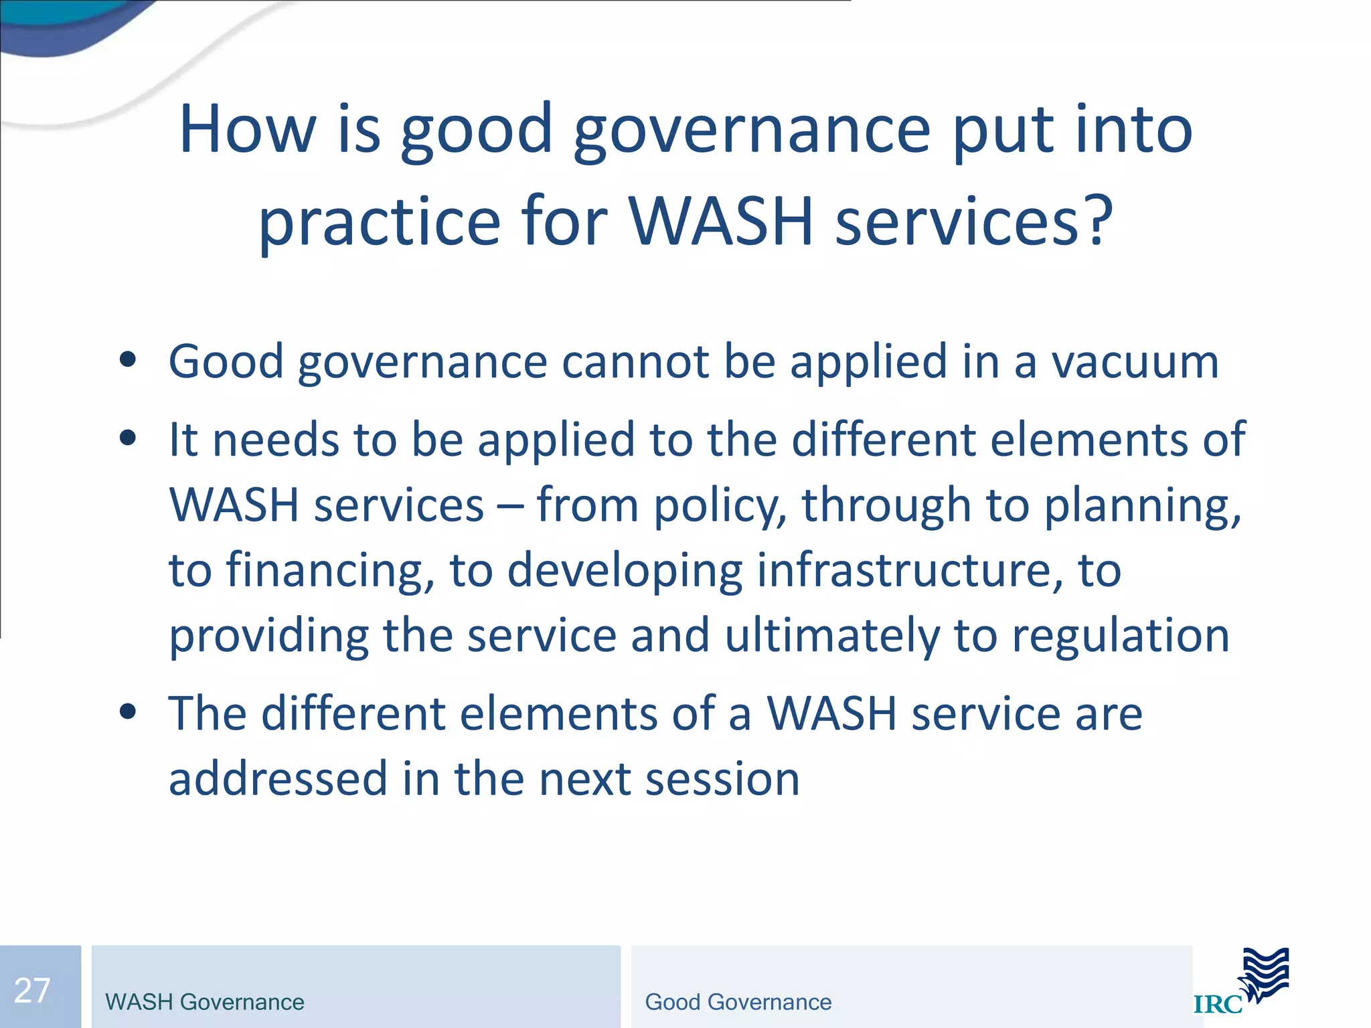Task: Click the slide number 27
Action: tap(32, 991)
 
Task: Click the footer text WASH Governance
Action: tap(204, 1002)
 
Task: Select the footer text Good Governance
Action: tap(738, 1002)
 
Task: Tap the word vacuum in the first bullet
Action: tap(1135, 362)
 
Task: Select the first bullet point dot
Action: tap(127, 360)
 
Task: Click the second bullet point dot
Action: tap(127, 438)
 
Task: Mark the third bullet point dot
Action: tap(127, 711)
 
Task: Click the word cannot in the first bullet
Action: tap(635, 362)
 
